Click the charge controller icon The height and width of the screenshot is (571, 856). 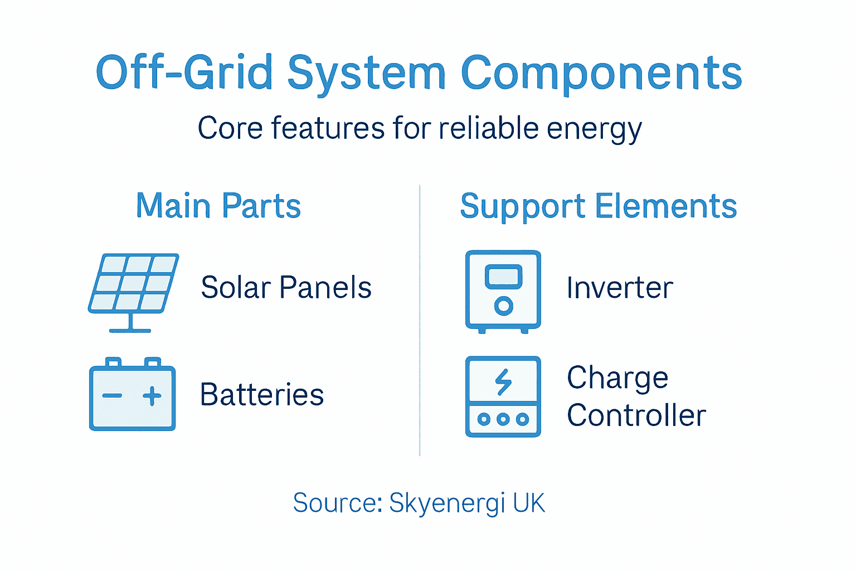(503, 397)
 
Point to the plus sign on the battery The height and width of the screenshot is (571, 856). (152, 396)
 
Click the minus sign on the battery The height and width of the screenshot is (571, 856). (112, 396)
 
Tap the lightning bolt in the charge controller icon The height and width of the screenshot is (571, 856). (504, 382)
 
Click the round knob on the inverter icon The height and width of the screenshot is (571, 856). (504, 306)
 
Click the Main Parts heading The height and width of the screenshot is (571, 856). (218, 206)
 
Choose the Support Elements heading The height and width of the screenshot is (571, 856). (599, 206)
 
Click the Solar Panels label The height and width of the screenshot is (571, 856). (286, 288)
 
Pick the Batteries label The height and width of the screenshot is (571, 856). (262, 395)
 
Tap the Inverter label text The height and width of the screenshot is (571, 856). (620, 288)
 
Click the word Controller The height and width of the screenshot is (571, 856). (636, 415)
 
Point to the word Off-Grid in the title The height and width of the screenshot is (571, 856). (184, 72)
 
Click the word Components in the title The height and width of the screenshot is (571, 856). (601, 74)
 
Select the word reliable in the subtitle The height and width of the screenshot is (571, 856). (489, 128)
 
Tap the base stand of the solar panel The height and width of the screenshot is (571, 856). (130, 330)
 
